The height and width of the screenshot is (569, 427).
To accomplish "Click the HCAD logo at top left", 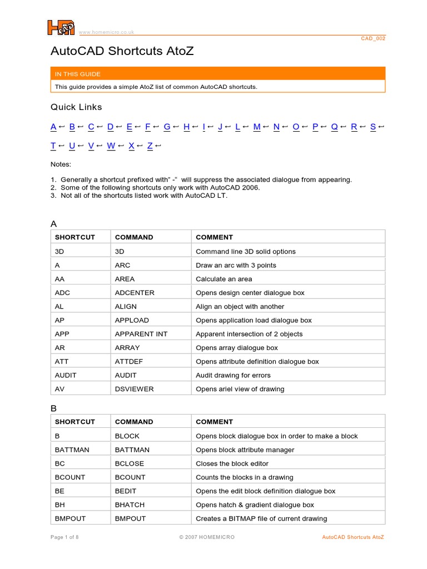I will click(x=60, y=27).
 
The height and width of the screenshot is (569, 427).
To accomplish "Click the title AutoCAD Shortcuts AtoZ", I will click(x=122, y=51).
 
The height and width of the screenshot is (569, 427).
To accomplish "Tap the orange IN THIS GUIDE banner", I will click(x=217, y=74).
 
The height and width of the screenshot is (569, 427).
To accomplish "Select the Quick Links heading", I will click(x=76, y=107).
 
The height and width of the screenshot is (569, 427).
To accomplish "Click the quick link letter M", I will click(x=256, y=127).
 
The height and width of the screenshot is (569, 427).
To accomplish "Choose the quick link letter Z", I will click(x=150, y=146).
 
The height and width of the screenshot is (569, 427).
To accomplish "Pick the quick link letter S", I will click(x=373, y=127).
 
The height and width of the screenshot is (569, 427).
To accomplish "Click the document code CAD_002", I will click(x=373, y=39).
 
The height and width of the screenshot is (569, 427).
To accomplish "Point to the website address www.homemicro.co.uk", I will click(x=106, y=32).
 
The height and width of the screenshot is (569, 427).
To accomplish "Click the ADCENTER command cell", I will click(x=135, y=293).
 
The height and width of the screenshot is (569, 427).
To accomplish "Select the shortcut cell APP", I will click(x=62, y=334).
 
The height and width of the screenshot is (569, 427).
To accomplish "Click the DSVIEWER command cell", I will click(x=134, y=389).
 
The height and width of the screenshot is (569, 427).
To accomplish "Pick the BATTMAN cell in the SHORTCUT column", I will click(x=71, y=450).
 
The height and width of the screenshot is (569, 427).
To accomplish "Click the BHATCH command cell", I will click(x=130, y=505).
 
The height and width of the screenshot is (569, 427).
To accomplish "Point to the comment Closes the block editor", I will click(x=232, y=463).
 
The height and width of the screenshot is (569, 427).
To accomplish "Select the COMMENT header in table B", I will click(x=214, y=422).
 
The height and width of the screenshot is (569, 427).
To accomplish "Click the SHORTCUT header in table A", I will click(x=75, y=237).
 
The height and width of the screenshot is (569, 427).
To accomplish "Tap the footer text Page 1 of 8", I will click(x=64, y=537).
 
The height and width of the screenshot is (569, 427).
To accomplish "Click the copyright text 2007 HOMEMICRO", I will click(x=207, y=537).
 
